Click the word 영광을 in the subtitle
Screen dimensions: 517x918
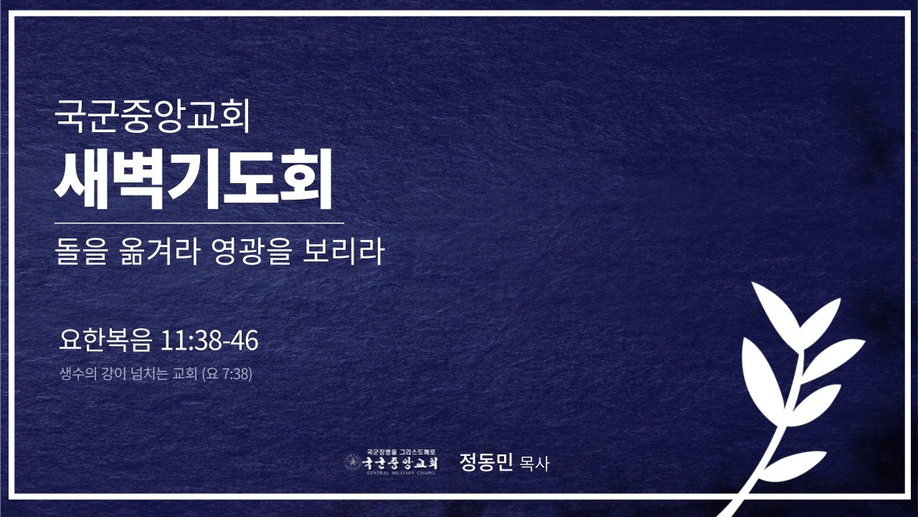point(247,253)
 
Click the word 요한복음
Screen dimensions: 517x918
point(106,342)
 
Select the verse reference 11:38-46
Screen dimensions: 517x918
point(209,342)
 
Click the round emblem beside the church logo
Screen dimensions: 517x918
point(352,462)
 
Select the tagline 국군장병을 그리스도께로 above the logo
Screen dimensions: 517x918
point(402,453)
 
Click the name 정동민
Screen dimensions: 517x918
point(486,462)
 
